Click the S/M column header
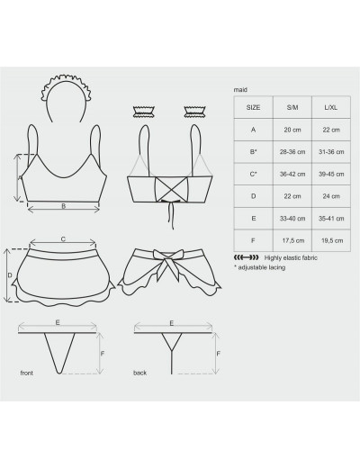point(292,107)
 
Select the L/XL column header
point(331,107)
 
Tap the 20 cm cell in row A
point(292,130)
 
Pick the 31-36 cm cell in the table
point(331,152)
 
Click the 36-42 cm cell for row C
point(292,174)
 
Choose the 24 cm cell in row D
point(331,196)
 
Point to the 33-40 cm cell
point(292,219)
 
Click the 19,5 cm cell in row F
point(332,240)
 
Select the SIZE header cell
point(253,107)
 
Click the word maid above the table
point(240,90)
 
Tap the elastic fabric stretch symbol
point(246,257)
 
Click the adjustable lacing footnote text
point(259,267)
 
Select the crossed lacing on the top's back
point(171,188)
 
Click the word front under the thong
point(27,373)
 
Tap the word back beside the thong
point(139,373)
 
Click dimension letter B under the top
point(63,206)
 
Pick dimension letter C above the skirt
point(63,239)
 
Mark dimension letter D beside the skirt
point(10,275)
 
